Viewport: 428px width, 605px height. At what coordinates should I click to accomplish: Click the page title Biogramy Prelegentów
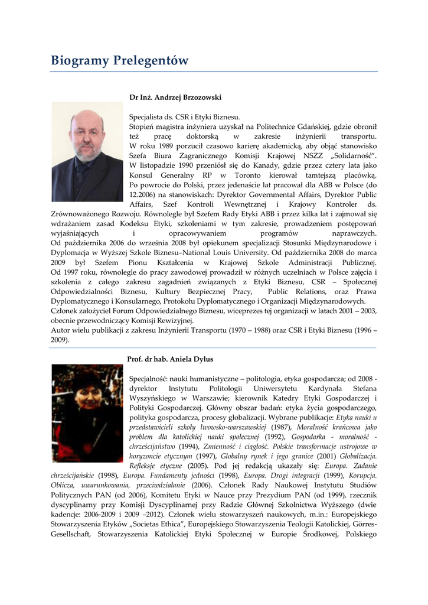(119, 61)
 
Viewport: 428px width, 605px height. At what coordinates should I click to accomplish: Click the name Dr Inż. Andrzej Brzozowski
(175, 97)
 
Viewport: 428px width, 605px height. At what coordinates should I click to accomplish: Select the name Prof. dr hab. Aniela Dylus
(170, 359)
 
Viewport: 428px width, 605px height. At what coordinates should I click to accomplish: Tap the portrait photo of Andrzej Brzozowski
(87, 151)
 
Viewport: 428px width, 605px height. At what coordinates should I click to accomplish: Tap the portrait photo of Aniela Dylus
(87, 412)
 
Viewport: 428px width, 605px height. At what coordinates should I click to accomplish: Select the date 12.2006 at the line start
(142, 194)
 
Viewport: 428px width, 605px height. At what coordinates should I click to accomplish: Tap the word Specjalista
(146, 117)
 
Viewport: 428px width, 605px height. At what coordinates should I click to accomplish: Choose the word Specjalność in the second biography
(149, 378)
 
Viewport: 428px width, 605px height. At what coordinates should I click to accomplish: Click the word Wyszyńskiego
(156, 398)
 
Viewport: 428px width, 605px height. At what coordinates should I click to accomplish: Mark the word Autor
(61, 330)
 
